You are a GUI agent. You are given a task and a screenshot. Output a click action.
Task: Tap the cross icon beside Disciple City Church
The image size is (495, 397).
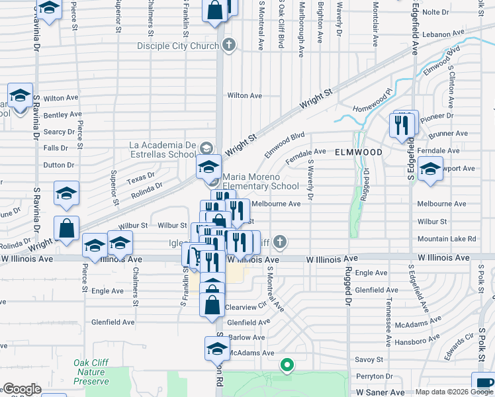tap(229, 46)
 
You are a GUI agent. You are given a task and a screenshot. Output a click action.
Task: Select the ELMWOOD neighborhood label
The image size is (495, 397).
tap(358, 152)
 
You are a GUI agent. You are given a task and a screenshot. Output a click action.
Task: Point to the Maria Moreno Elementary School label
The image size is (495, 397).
tap(261, 182)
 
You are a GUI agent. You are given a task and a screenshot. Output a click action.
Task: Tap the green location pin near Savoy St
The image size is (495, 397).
tap(287, 364)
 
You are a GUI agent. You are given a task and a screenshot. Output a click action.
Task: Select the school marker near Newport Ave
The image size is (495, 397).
tap(430, 171)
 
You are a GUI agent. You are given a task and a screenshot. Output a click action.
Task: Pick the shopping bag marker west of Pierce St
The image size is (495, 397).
tap(67, 229)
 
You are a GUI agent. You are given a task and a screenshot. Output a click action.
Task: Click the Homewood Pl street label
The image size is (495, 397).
tap(373, 99)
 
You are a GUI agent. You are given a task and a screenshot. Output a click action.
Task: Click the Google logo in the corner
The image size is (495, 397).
tap(22, 389)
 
